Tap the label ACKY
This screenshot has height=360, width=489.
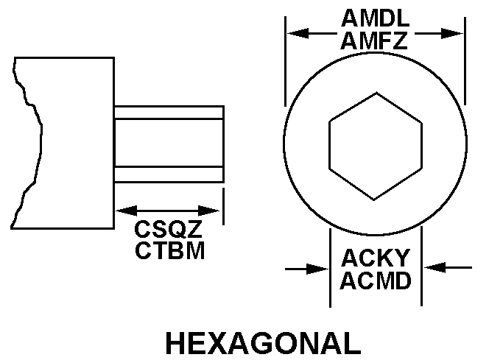[376, 258]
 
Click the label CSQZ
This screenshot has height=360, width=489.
[169, 229]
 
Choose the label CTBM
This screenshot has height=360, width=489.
[169, 250]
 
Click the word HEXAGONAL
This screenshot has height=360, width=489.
[263, 343]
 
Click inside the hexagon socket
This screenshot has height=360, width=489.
[376, 146]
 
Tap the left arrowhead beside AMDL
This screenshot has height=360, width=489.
[293, 33]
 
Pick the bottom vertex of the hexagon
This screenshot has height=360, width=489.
[376, 200]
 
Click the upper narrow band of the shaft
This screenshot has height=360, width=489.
[169, 112]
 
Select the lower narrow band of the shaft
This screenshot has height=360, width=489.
[169, 175]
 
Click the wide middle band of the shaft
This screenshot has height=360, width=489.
[169, 143]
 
